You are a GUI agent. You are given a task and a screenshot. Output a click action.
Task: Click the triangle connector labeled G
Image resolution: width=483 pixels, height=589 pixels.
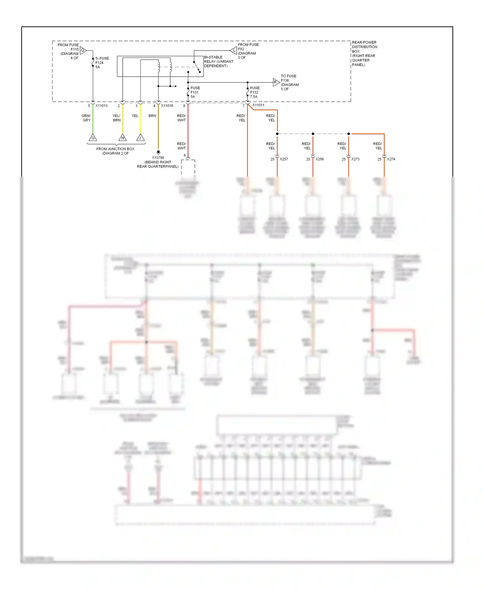click(x=93, y=138)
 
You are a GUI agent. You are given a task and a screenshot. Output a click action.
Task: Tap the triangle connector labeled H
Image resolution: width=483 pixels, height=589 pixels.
click(x=123, y=138)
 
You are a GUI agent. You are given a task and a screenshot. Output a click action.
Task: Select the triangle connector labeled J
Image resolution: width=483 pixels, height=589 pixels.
click(x=140, y=138)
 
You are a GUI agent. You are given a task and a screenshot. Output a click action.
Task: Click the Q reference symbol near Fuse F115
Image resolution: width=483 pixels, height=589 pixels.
click(x=83, y=50)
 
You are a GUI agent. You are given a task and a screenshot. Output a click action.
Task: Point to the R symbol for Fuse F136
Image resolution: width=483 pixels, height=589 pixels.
click(x=276, y=82)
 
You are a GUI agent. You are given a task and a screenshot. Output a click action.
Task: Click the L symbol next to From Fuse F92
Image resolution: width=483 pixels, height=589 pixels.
click(x=234, y=50)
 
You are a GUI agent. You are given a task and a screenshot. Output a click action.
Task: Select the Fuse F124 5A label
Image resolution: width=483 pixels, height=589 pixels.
click(x=102, y=63)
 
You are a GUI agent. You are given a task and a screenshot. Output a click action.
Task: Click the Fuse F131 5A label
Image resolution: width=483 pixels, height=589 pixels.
click(x=195, y=92)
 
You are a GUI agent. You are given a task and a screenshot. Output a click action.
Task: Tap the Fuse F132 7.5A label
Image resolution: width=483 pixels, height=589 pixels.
click(x=255, y=92)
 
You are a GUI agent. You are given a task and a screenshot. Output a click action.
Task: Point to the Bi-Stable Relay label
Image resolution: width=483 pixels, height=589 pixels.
click(x=218, y=62)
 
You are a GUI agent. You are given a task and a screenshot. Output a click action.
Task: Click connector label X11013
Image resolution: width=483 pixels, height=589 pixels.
click(x=101, y=106)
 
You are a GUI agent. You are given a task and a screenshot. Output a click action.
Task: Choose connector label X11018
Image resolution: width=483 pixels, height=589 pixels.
click(x=167, y=106)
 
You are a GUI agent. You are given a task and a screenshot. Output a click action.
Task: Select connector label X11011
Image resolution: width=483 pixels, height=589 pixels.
click(x=258, y=105)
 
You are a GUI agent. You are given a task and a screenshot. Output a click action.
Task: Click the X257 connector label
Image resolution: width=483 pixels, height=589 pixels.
click(x=284, y=159)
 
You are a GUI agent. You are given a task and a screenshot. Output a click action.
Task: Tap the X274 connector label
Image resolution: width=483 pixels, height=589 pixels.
click(x=391, y=159)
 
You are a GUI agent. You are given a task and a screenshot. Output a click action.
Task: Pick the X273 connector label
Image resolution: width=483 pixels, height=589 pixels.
click(x=355, y=159)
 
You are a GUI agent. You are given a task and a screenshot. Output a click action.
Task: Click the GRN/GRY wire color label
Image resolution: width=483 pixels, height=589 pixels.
click(x=86, y=118)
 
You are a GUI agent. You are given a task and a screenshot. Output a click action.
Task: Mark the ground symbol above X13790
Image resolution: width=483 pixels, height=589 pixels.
click(x=158, y=152)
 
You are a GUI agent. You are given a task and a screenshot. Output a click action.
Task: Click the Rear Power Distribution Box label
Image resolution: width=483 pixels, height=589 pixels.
click(x=364, y=53)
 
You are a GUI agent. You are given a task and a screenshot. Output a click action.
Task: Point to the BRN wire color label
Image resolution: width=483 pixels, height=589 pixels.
click(x=152, y=116)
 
